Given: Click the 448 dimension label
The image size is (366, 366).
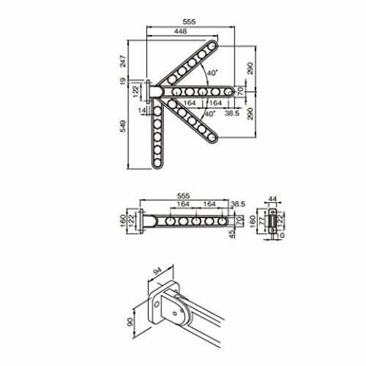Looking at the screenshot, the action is pos(181,31).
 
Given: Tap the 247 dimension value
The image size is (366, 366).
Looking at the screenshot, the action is pos(123,61).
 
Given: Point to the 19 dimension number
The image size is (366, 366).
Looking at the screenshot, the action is pos(123,81).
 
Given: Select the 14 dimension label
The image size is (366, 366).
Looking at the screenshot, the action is pos(142,111).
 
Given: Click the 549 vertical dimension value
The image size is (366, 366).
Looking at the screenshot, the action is pos(123,126).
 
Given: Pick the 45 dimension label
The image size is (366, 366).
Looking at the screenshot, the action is pos(232,234).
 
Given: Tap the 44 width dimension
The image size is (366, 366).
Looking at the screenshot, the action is pos(272,199).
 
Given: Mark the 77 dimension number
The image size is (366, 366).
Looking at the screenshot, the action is pos(262,221).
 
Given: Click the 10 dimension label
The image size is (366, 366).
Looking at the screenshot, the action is pos(280,236).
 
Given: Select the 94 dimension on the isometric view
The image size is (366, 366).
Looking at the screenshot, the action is pos(157,271).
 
